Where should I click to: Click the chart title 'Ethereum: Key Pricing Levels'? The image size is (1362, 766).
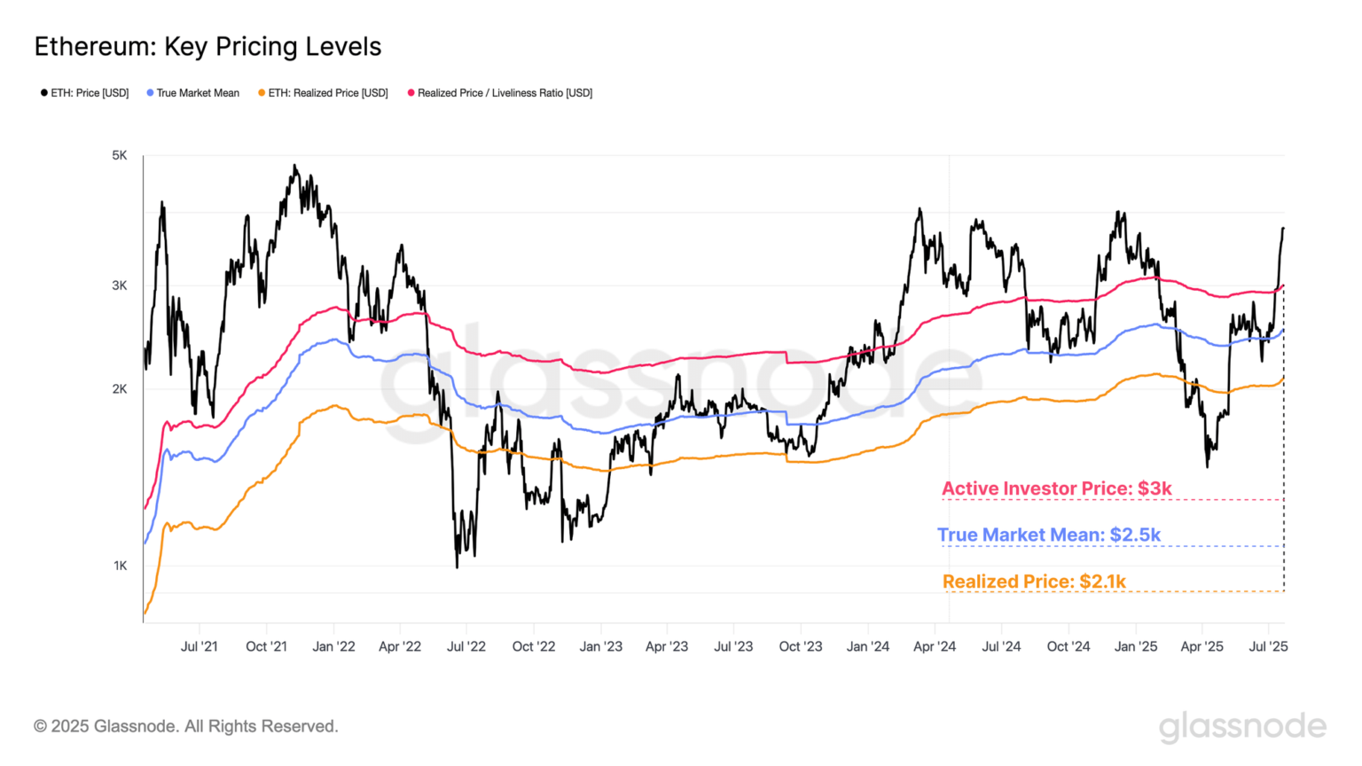point(207,47)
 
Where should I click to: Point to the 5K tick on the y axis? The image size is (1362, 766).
point(120,155)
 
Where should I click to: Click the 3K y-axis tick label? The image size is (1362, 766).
point(120,285)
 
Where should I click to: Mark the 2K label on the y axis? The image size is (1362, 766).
point(120,389)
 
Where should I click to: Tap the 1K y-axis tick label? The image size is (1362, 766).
point(121,566)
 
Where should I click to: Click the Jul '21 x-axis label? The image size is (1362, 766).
point(200,646)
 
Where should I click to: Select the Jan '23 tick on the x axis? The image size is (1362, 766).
point(601,646)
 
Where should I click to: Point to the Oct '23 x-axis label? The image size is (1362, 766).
point(801,646)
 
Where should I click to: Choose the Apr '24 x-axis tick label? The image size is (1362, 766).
point(935,646)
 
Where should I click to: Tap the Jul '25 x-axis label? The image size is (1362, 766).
point(1268,646)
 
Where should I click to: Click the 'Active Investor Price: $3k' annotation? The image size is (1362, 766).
point(1056,489)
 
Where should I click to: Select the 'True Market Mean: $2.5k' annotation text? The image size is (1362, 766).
point(1049,535)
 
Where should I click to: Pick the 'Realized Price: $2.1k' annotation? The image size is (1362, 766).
point(1034,582)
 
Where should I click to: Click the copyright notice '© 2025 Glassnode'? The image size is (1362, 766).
point(186,726)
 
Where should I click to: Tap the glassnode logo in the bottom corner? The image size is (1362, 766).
point(1242,727)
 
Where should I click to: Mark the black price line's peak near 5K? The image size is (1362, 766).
point(295,166)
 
